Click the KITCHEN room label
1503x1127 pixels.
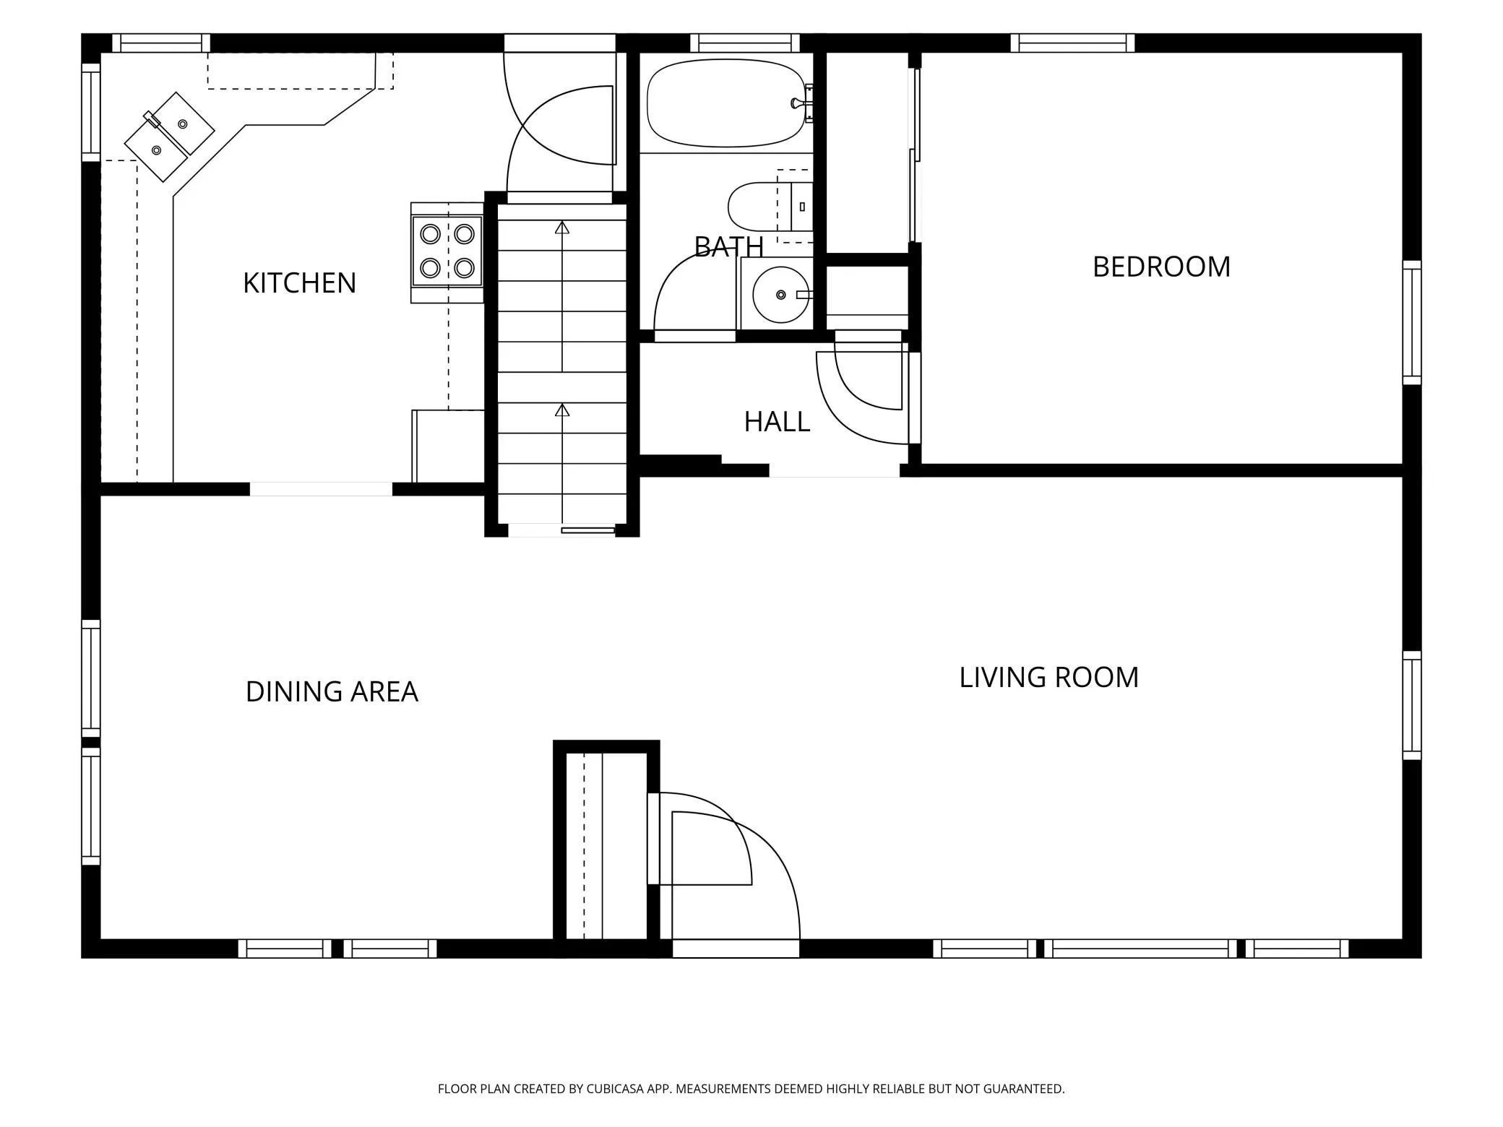(299, 283)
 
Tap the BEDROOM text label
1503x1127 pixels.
(1161, 267)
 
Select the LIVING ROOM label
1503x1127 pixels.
(1048, 678)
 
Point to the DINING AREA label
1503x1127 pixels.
(332, 692)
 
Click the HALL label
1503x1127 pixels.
(777, 422)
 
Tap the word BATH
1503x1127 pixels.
(728, 247)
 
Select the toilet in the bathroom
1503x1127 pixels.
(770, 206)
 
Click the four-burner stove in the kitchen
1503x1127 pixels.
(447, 251)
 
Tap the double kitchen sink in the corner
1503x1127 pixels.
(170, 137)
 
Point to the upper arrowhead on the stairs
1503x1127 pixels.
(562, 228)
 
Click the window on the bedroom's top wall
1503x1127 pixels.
(1072, 43)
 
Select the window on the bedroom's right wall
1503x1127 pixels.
(1412, 322)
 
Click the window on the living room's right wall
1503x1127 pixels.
(1412, 705)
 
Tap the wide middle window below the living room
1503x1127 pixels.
(1141, 949)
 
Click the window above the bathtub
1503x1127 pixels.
(744, 43)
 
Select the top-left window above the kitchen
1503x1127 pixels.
(160, 43)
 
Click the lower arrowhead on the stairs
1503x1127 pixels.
(562, 410)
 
